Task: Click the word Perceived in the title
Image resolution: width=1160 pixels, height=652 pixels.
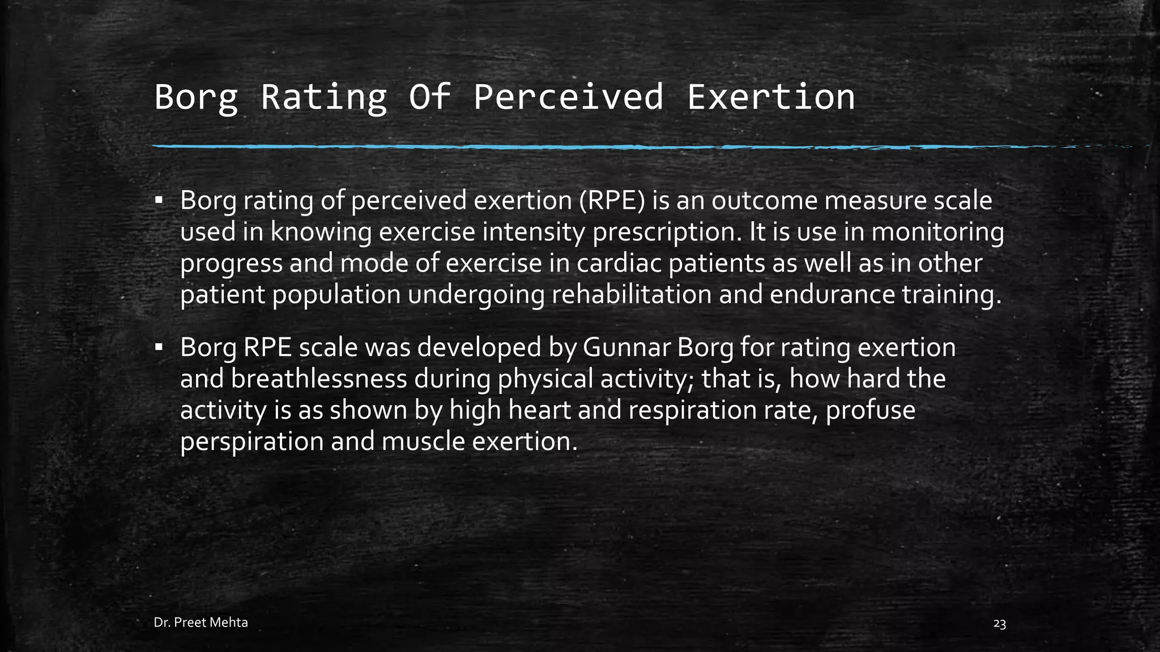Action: (x=568, y=97)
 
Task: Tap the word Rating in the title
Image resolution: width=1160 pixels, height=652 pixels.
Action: (x=324, y=97)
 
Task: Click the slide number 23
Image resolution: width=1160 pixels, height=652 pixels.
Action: (x=1000, y=624)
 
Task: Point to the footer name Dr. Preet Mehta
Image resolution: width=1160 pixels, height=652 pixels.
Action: (x=201, y=623)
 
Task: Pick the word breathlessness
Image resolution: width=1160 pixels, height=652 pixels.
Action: (x=319, y=379)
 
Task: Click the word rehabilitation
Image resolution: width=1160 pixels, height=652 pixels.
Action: (x=631, y=295)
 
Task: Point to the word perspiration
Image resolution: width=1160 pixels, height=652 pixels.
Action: (x=251, y=441)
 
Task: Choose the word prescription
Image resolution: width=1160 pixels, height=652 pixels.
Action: (x=667, y=233)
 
